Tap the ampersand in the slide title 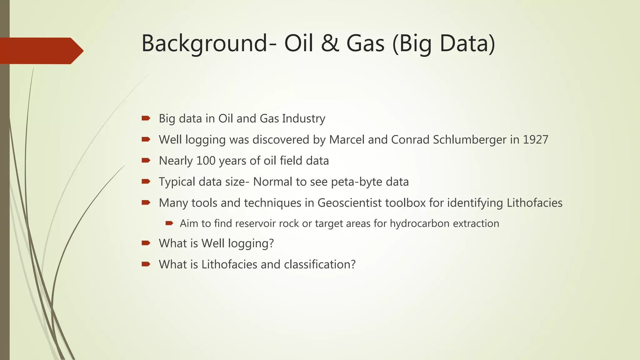click(x=330, y=44)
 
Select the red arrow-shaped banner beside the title click(x=41, y=51)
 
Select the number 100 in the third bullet click(x=206, y=161)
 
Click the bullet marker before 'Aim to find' click(x=169, y=223)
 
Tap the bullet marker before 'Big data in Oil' click(x=146, y=118)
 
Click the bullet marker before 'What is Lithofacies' click(x=146, y=264)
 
